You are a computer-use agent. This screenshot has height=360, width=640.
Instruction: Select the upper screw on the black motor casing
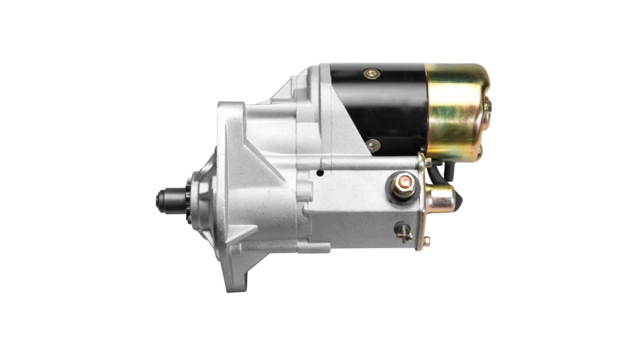click(372, 74)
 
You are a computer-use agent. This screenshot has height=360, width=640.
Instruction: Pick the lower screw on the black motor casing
click(373, 145)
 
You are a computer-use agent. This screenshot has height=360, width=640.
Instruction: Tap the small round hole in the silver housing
click(319, 173)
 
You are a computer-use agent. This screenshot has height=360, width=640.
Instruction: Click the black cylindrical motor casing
click(386, 108)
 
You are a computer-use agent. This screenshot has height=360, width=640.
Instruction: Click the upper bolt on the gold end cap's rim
click(487, 105)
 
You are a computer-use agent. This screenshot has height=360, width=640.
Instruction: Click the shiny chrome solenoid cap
click(440, 198)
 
